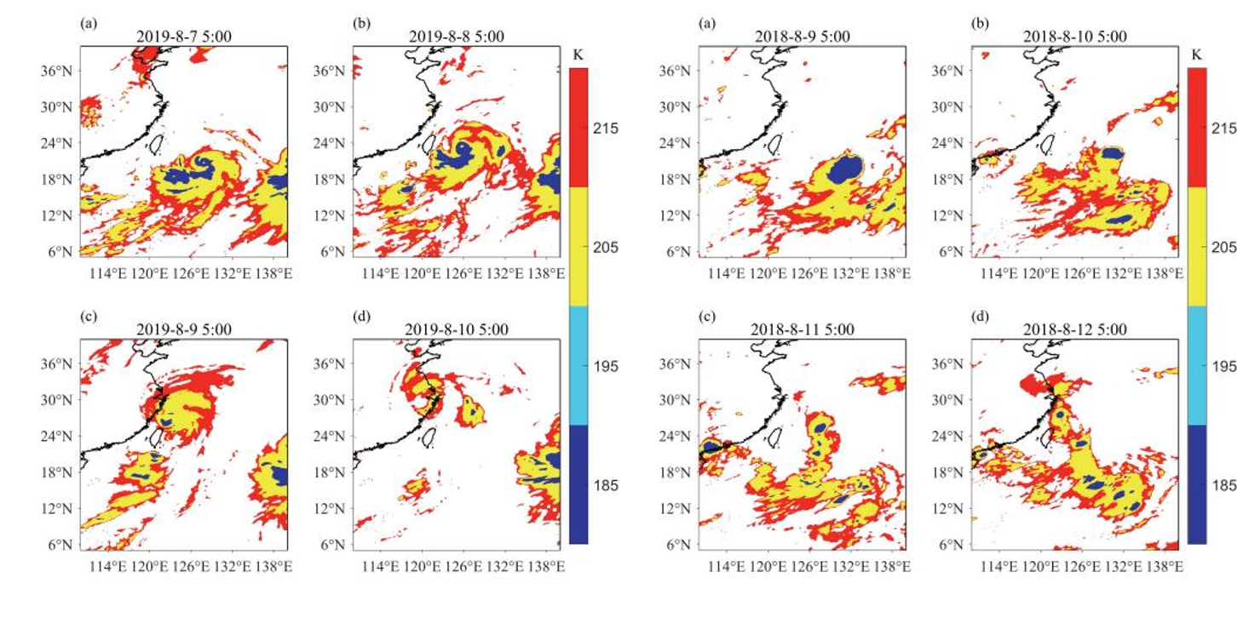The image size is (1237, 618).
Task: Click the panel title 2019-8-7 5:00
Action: pyautogui.click(x=183, y=37)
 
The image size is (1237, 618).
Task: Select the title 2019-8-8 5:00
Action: pyautogui.click(x=457, y=37)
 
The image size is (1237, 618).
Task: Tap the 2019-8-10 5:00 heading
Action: pyautogui.click(x=457, y=329)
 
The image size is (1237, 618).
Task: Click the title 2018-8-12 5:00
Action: pyautogui.click(x=1076, y=329)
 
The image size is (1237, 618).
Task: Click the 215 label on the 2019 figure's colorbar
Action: pyautogui.click(x=607, y=128)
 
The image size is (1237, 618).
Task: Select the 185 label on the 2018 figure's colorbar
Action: pyautogui.click(x=1224, y=485)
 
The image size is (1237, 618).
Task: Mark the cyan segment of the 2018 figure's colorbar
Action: pyautogui.click(x=1196, y=365)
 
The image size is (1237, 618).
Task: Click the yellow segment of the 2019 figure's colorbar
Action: pyautogui.click(x=578, y=246)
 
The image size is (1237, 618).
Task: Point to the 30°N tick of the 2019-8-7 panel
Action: pyautogui.click(x=65, y=107)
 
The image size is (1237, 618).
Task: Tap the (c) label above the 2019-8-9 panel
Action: pyautogui.click(x=88, y=316)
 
